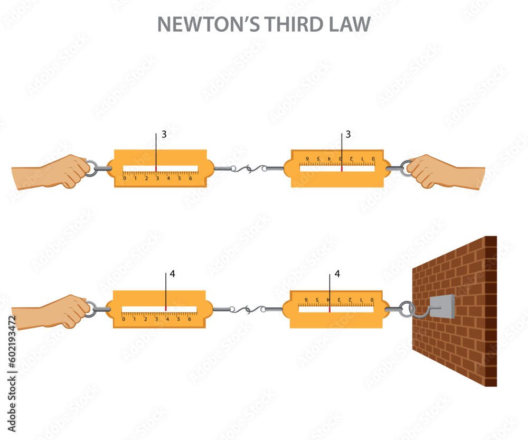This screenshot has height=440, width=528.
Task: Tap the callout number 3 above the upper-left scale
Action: pyautogui.click(x=164, y=135)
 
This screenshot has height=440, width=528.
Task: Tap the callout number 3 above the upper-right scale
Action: pyautogui.click(x=348, y=135)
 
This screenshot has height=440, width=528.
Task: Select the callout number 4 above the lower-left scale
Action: pyautogui.click(x=172, y=275)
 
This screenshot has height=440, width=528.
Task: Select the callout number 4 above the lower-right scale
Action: pyautogui.click(x=337, y=275)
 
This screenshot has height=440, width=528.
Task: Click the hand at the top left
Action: pyautogui.click(x=53, y=171)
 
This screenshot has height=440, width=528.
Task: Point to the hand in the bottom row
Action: pyautogui.click(x=53, y=312)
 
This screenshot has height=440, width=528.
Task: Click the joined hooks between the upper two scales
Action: pyautogui.click(x=248, y=169)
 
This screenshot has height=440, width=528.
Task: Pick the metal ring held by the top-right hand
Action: pyautogui.click(x=406, y=168)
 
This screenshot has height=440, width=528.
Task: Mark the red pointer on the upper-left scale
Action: pyautogui.click(x=156, y=168)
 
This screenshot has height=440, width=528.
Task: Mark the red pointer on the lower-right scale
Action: pyautogui.click(x=329, y=309)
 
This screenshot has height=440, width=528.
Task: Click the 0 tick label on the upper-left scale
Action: pyautogui.click(x=125, y=178)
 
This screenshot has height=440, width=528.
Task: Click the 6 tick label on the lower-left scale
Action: pyautogui.click(x=190, y=319)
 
